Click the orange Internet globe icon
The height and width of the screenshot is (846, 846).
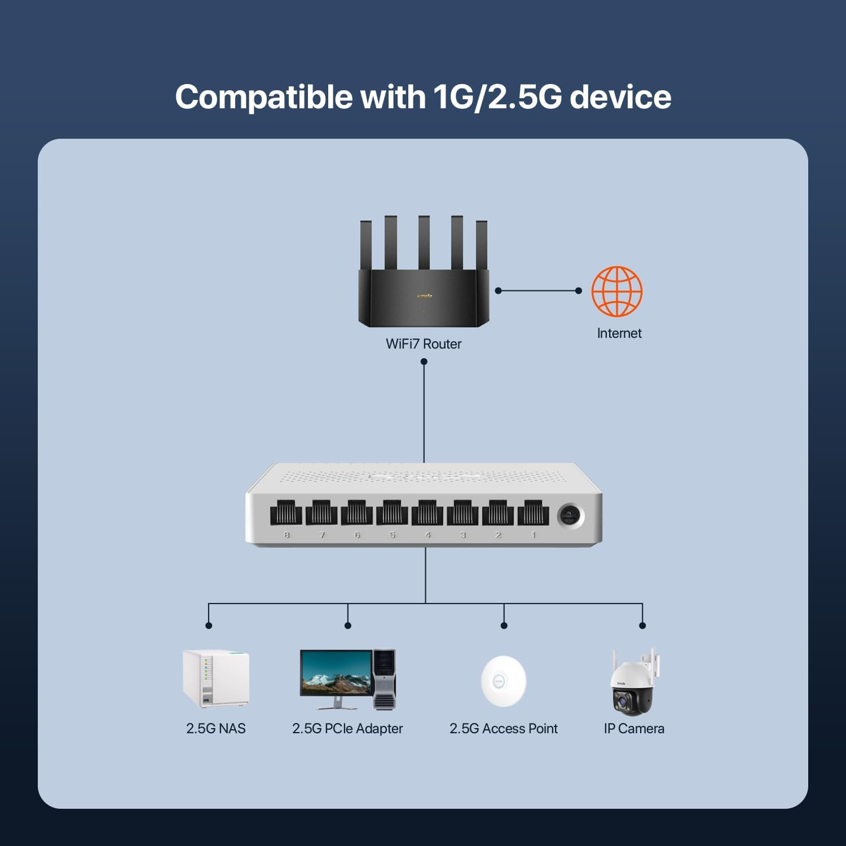617,291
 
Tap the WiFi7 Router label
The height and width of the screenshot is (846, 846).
424,344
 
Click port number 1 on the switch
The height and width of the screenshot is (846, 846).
533,513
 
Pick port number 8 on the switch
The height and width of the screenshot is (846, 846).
286,513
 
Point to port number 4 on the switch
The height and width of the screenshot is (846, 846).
427,513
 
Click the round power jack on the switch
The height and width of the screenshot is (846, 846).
570,515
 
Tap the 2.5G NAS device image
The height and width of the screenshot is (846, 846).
215,678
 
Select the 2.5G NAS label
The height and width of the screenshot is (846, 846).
215,729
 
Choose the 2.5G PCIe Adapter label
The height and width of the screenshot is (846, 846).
347,729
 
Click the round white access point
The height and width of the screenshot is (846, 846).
503,681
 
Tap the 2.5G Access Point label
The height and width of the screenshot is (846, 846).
503,729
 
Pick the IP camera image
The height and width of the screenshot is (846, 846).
633,684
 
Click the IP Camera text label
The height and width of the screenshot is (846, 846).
634,729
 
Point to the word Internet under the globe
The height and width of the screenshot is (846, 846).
619,333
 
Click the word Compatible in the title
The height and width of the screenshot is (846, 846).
263,97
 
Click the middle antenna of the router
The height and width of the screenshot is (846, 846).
424,243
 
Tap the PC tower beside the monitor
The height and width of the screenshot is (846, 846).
385,679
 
